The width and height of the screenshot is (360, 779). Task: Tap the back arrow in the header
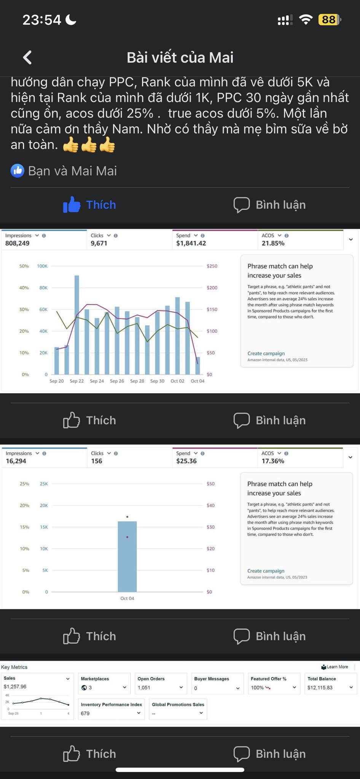coord(27,57)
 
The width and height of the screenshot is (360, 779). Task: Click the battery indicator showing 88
coord(329,19)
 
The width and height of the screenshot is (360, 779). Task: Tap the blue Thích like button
coord(90,205)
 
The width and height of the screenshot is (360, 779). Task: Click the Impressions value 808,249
coord(18,243)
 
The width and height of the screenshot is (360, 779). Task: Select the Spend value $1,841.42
coord(191,243)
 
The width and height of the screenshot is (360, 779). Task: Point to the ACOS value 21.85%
coord(273,243)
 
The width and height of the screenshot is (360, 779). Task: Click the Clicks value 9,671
coord(99,243)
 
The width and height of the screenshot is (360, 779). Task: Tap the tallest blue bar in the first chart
coord(77,323)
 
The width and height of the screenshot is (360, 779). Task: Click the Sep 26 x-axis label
coord(117,381)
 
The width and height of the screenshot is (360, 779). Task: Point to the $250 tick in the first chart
coord(212,266)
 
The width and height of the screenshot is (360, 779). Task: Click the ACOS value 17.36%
coord(273,461)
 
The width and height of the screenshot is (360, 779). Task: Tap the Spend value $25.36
coord(186,461)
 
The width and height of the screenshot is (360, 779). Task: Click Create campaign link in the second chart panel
coord(266,571)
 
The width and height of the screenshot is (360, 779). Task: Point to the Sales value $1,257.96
coord(15,687)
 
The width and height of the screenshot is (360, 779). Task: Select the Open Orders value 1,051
coord(144,688)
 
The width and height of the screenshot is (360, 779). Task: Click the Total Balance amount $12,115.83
coord(320,688)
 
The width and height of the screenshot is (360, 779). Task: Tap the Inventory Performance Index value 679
coord(85,713)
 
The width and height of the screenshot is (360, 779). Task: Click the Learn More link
coord(337,667)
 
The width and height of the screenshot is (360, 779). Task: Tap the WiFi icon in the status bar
coord(306,19)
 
